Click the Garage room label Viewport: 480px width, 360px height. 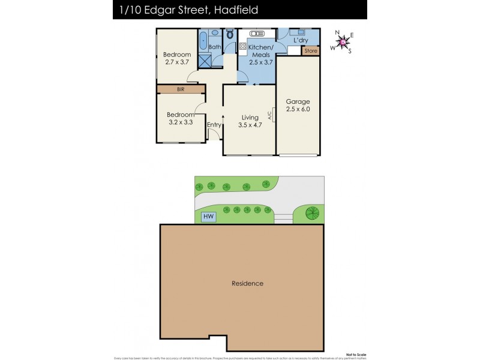(x=298, y=101)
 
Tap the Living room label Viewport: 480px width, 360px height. (x=250, y=118)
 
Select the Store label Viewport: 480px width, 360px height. (x=311, y=51)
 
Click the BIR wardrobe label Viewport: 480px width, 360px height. (x=180, y=89)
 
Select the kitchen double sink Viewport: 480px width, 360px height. (x=249, y=34)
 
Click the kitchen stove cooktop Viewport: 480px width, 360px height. (x=243, y=46)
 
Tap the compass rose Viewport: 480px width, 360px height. (x=342, y=41)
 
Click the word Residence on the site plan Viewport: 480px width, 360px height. (x=248, y=283)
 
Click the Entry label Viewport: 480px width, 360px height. (x=214, y=125)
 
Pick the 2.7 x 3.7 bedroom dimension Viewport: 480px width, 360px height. (x=177, y=62)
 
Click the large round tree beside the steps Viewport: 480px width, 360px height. (x=311, y=212)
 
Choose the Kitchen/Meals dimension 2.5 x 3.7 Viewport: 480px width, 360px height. (x=261, y=62)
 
